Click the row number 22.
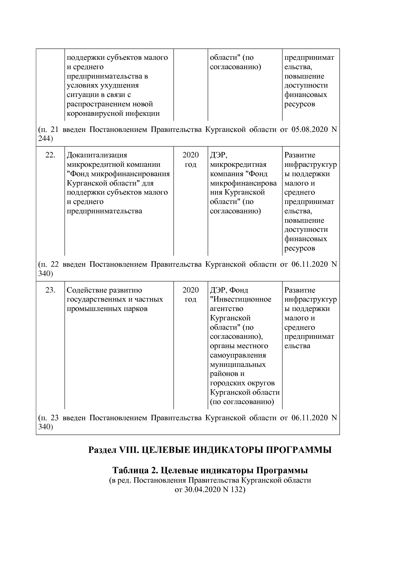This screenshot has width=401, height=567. [x=50, y=155]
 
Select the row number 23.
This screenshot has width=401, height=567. [x=50, y=290]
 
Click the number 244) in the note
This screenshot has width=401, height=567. [x=46, y=139]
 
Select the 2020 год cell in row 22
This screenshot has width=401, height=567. [x=190, y=160]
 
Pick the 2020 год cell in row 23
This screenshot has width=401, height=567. [x=190, y=294]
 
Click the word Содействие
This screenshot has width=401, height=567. [x=86, y=290]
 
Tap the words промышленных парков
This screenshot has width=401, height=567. [x=107, y=309]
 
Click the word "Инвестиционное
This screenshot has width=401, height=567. [x=241, y=299]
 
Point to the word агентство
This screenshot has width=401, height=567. [x=226, y=309]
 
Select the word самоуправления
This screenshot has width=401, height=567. [x=238, y=355]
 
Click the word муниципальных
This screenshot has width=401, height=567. [x=238, y=365]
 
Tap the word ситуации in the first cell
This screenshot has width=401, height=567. [x=81, y=95]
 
